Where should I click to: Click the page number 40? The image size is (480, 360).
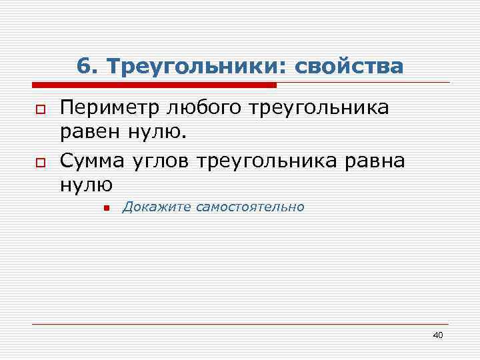[x=437, y=335]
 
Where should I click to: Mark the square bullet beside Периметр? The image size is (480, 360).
[x=40, y=109]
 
